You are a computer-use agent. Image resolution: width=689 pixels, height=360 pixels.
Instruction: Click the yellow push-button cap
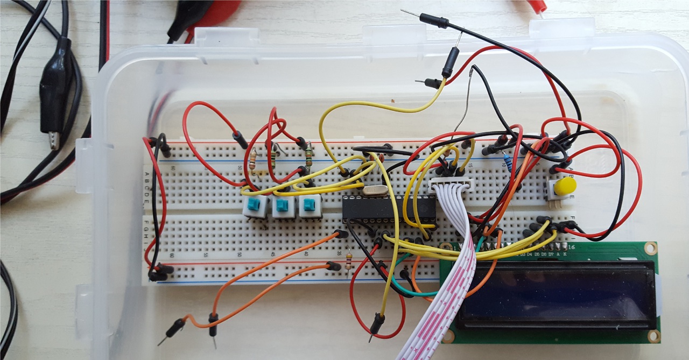coord(565,187)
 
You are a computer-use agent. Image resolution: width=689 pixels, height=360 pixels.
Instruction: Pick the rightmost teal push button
coord(309,204)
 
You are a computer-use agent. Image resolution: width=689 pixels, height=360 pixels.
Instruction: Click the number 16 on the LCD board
coord(571,248)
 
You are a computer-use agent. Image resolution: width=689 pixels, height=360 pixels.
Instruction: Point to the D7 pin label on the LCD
coord(551,253)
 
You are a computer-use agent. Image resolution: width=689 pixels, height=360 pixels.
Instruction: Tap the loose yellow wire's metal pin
coord(371,337)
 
